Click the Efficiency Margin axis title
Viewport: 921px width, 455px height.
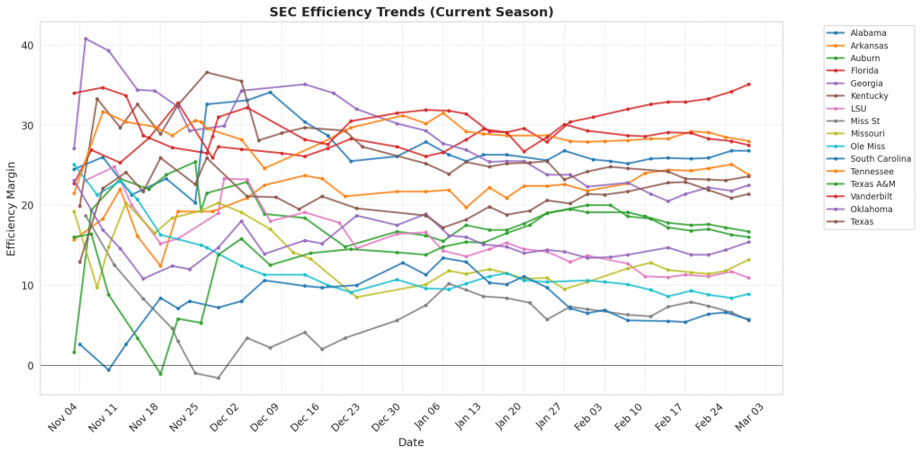pyautogui.click(x=11, y=207)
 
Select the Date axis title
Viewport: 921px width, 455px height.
pyautogui.click(x=412, y=442)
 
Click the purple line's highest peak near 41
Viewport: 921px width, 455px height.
pyautogui.click(x=85, y=39)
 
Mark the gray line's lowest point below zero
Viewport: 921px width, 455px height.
pyautogui.click(x=218, y=378)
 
